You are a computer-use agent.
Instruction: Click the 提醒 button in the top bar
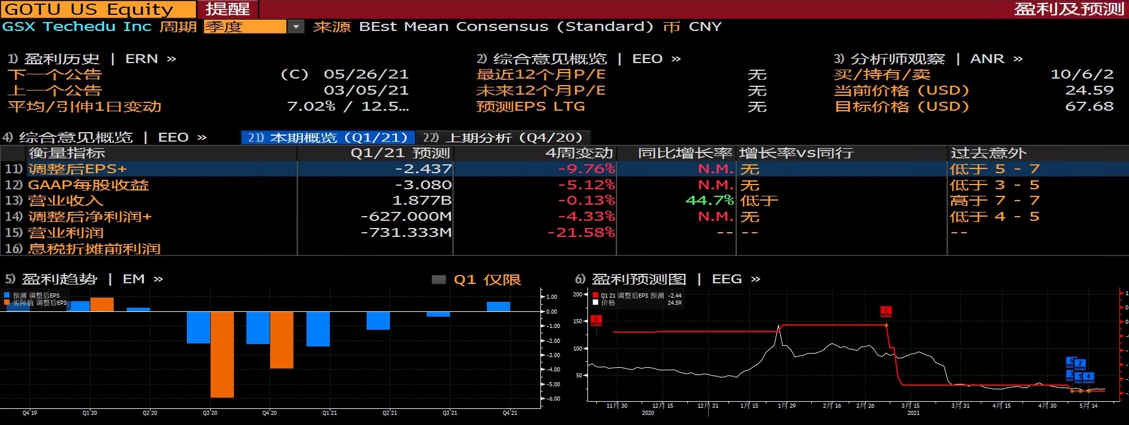pyautogui.click(x=228, y=9)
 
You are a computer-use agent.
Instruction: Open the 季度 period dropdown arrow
pyautogui.click(x=296, y=27)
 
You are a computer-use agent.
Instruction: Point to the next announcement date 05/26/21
pyautogui.click(x=366, y=74)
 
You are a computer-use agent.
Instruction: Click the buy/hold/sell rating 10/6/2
pyautogui.click(x=1081, y=74)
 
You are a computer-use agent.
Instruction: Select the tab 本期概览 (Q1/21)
pyautogui.click(x=328, y=137)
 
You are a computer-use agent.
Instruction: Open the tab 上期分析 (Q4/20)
pyautogui.click(x=502, y=137)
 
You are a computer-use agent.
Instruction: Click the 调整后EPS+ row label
pyautogui.click(x=77, y=169)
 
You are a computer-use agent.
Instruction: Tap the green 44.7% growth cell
pyautogui.click(x=709, y=201)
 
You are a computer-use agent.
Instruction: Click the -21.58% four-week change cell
pyautogui.click(x=581, y=232)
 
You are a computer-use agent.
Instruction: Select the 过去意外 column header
pyautogui.click(x=988, y=153)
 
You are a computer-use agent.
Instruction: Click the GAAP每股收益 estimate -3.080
pyautogui.click(x=423, y=185)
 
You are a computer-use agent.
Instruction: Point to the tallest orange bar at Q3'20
pyautogui.click(x=222, y=354)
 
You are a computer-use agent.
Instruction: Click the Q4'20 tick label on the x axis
pyautogui.click(x=270, y=412)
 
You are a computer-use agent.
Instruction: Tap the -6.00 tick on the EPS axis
pyautogui.click(x=553, y=399)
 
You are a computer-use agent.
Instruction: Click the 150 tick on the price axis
pyautogui.click(x=577, y=321)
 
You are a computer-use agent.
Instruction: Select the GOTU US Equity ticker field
pyautogui.click(x=89, y=9)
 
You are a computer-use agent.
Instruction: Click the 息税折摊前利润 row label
pyautogui.click(x=94, y=248)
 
